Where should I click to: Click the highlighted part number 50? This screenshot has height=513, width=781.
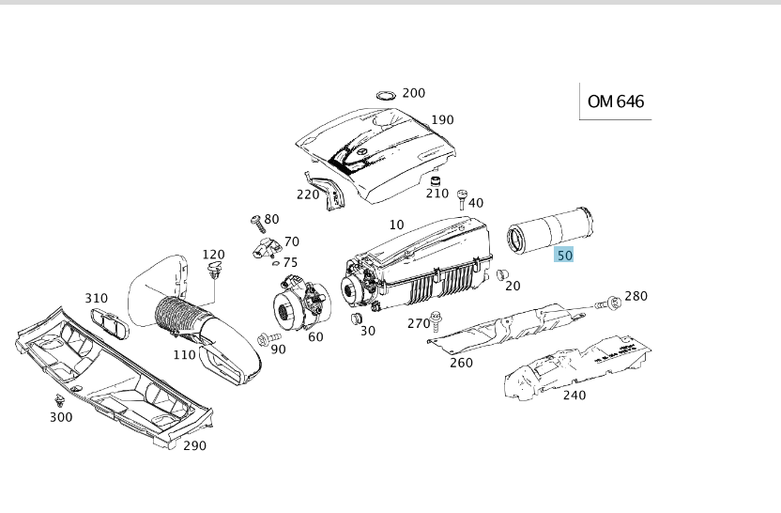click(x=564, y=254)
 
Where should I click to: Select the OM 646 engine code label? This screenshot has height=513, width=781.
click(x=616, y=101)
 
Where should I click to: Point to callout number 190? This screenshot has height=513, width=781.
click(x=442, y=120)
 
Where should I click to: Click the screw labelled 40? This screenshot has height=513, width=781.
click(x=461, y=197)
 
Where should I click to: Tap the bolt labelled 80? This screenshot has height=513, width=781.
click(x=255, y=223)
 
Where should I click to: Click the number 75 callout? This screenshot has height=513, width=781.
click(x=290, y=263)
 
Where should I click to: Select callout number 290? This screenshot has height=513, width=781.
click(x=194, y=445)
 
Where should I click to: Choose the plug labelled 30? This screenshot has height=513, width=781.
click(x=357, y=321)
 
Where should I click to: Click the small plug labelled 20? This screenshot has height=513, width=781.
click(x=501, y=274)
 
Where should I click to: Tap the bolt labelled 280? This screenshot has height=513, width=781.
click(x=611, y=303)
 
